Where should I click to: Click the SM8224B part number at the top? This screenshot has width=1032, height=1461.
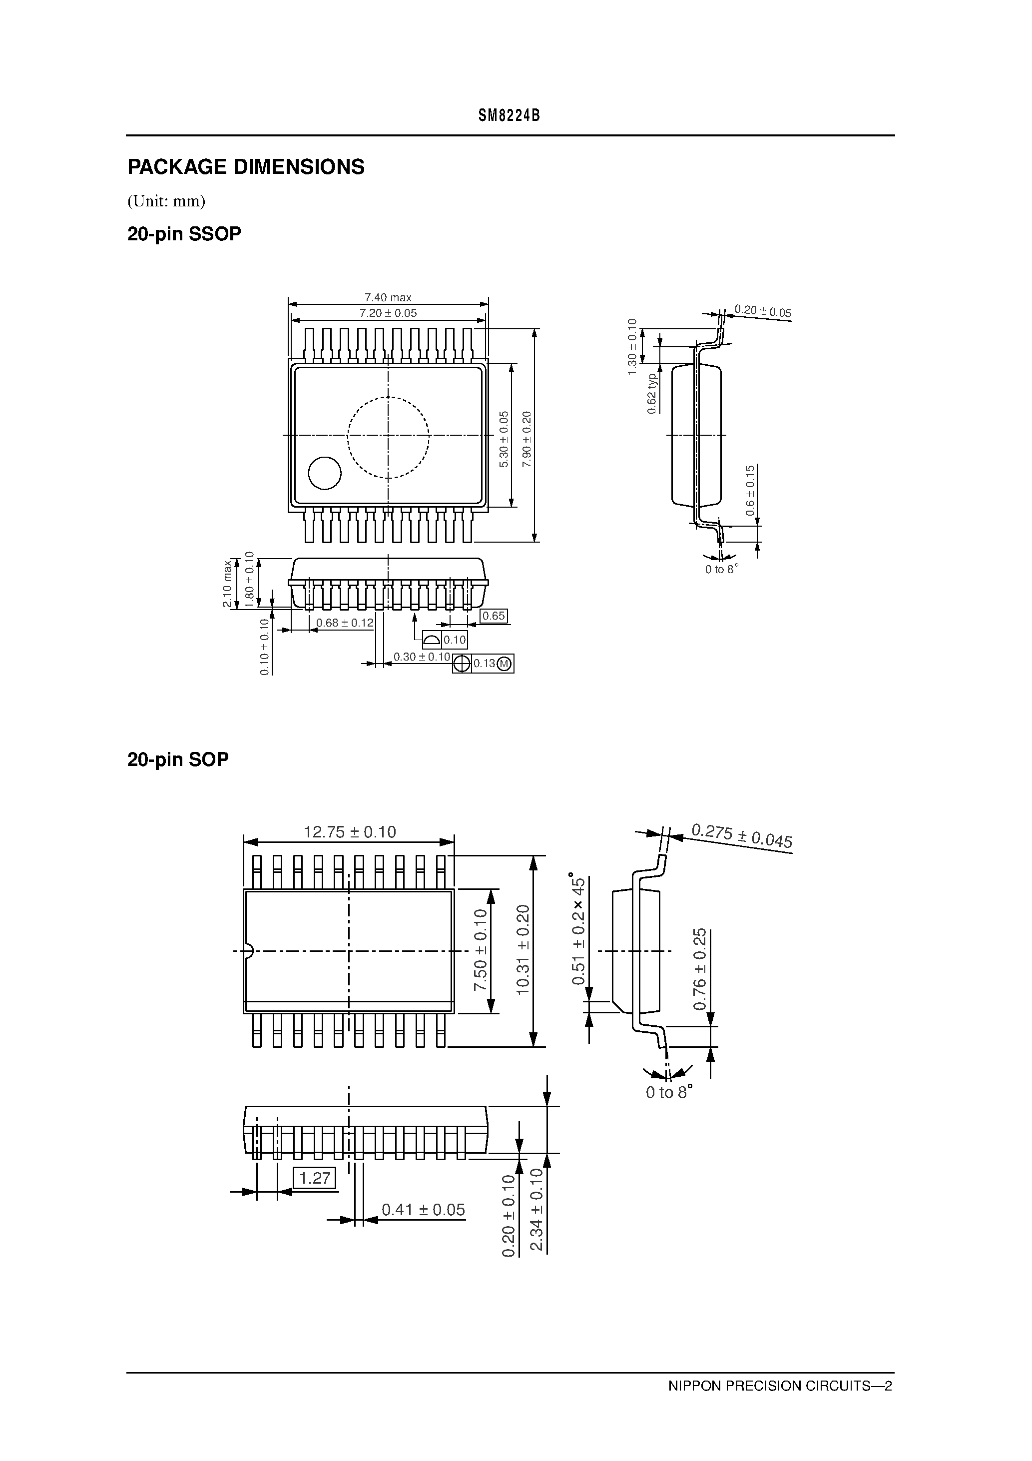click(x=509, y=116)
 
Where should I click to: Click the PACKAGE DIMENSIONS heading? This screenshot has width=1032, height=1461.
click(x=246, y=167)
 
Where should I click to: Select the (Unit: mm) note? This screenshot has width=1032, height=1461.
click(x=166, y=201)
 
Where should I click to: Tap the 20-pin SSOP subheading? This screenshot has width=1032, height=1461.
click(x=184, y=234)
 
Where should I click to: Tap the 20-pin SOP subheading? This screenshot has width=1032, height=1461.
click(x=177, y=759)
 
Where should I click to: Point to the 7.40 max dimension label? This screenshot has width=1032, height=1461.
click(x=388, y=297)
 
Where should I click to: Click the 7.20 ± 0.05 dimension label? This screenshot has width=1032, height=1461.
click(x=388, y=313)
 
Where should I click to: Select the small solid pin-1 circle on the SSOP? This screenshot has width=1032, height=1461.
click(x=325, y=473)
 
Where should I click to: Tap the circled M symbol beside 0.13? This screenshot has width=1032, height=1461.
click(x=504, y=664)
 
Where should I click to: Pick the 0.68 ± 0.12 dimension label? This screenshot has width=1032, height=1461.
click(x=344, y=623)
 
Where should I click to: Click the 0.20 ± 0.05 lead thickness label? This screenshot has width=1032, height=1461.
click(x=762, y=311)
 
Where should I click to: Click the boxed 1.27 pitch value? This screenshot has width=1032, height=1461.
click(x=314, y=1178)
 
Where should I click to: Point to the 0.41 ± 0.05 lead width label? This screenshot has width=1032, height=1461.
click(x=423, y=1210)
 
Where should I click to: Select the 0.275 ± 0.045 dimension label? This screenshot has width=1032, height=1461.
click(x=741, y=835)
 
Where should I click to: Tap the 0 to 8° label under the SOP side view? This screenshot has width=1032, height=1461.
click(x=668, y=1093)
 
